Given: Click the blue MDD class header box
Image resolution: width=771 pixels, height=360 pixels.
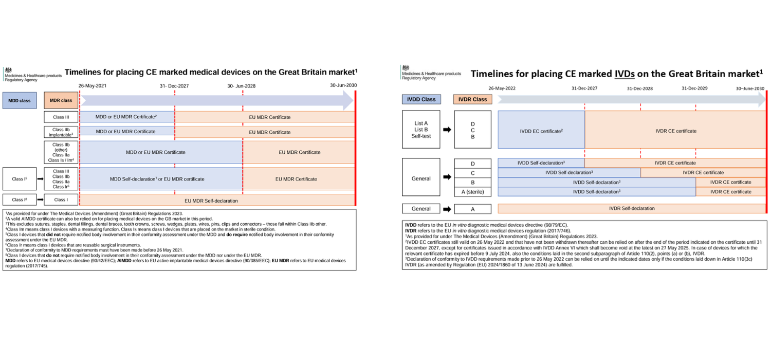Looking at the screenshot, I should [21, 101].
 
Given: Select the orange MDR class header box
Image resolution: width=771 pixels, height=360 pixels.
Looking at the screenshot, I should [61, 101].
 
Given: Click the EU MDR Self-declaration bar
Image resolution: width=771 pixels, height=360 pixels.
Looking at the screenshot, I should [216, 201].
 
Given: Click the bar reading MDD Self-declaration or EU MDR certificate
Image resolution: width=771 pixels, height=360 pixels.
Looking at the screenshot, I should [161, 179].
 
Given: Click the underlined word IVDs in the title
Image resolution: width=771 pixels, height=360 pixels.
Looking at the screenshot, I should [624, 74].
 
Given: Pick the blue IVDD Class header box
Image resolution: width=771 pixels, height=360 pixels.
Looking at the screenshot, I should [421, 99].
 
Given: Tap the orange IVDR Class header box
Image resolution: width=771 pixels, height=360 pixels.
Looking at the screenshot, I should [472, 99].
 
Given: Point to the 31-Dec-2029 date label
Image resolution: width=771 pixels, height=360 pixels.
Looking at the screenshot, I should [695, 88].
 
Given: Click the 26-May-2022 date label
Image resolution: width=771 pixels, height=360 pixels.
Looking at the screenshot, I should [502, 88].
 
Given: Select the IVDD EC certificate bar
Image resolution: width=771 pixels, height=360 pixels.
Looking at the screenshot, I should [541, 131].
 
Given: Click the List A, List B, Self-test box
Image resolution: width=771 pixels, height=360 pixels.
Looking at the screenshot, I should [421, 130].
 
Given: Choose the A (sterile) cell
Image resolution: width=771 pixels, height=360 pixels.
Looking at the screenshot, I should [472, 192].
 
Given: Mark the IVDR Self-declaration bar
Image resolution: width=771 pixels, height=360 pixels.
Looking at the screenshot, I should [632, 209].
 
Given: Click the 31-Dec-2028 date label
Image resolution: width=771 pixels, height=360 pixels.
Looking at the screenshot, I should [640, 88].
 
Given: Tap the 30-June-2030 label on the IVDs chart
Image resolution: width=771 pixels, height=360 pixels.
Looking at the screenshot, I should [750, 88].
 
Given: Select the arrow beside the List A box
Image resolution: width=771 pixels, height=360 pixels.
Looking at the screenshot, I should [447, 130].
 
